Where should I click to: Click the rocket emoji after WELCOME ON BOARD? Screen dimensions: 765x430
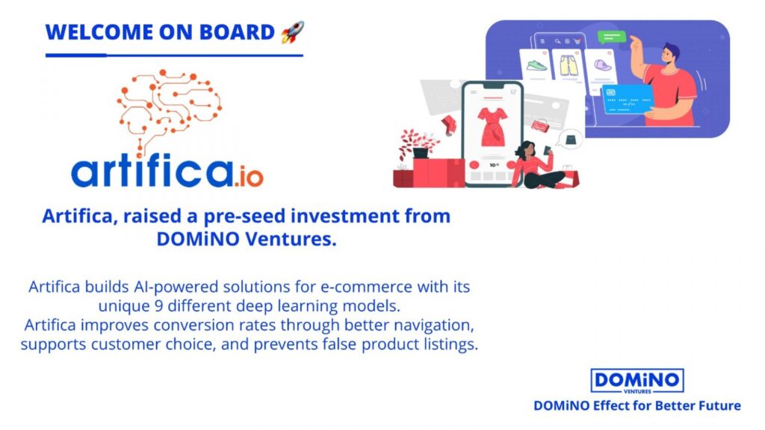(x=292, y=32)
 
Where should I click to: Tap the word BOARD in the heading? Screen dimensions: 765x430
(x=237, y=32)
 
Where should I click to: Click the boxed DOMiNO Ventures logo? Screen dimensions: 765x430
(x=637, y=381)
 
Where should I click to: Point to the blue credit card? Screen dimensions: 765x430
(x=627, y=99)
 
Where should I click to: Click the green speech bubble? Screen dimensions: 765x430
(x=612, y=37)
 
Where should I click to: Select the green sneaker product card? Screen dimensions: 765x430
(x=536, y=66)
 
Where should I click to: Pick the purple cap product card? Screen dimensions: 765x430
(x=601, y=68)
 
